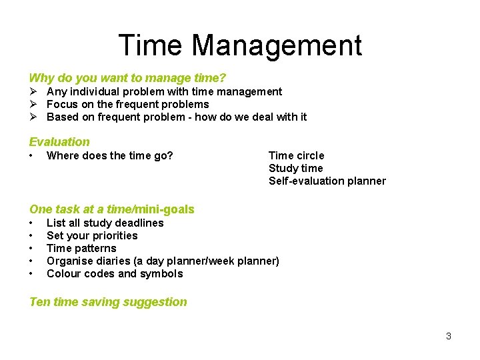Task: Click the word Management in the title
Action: point(277,46)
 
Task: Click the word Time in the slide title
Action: point(150,46)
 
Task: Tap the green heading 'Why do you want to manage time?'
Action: point(127,78)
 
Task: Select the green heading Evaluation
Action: point(59,141)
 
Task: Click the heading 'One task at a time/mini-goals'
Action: point(112,209)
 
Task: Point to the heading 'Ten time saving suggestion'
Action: point(108,302)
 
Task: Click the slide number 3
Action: point(449,336)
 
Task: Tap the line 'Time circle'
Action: point(296,156)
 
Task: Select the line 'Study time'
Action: point(295,169)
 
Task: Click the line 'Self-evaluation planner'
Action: point(327,181)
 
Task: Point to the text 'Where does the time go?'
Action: point(109,156)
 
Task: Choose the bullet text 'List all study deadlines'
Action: point(105,223)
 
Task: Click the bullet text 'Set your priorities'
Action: point(92,236)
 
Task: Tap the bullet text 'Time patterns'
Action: point(81,249)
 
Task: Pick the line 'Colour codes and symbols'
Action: point(115,274)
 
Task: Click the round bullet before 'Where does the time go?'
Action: point(31,156)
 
